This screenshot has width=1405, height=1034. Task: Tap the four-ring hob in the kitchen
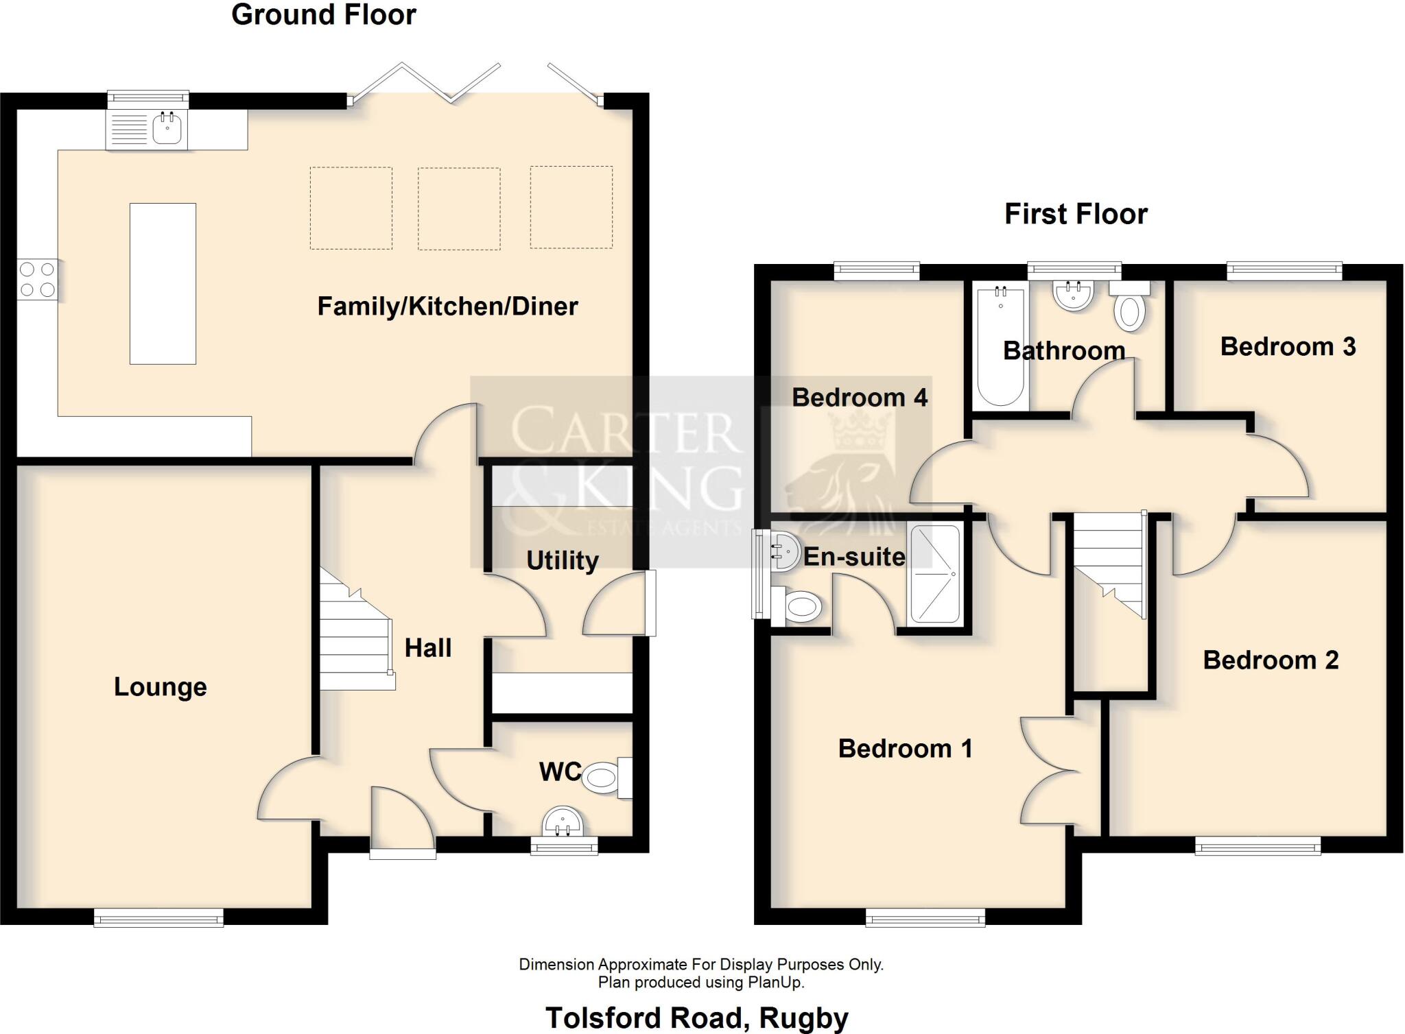37,280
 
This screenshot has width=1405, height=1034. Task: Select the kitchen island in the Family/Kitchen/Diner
163,283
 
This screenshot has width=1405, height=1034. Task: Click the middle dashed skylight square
458,208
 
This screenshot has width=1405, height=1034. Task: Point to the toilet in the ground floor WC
604,777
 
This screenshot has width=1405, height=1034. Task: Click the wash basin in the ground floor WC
563,820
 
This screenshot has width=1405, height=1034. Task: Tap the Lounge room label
160,687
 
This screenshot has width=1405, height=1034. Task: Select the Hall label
427,648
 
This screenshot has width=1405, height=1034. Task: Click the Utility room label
562,560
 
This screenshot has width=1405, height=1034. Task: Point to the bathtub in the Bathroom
1000,347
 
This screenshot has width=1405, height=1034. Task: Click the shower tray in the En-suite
934,574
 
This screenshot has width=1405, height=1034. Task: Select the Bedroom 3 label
1287,347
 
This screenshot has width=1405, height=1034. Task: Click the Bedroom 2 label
1270,660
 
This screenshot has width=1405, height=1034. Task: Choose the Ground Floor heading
323,15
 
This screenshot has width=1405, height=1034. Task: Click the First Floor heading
1075,214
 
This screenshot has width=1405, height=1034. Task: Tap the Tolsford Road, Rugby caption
696,1018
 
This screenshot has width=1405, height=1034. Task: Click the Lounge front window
158,917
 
